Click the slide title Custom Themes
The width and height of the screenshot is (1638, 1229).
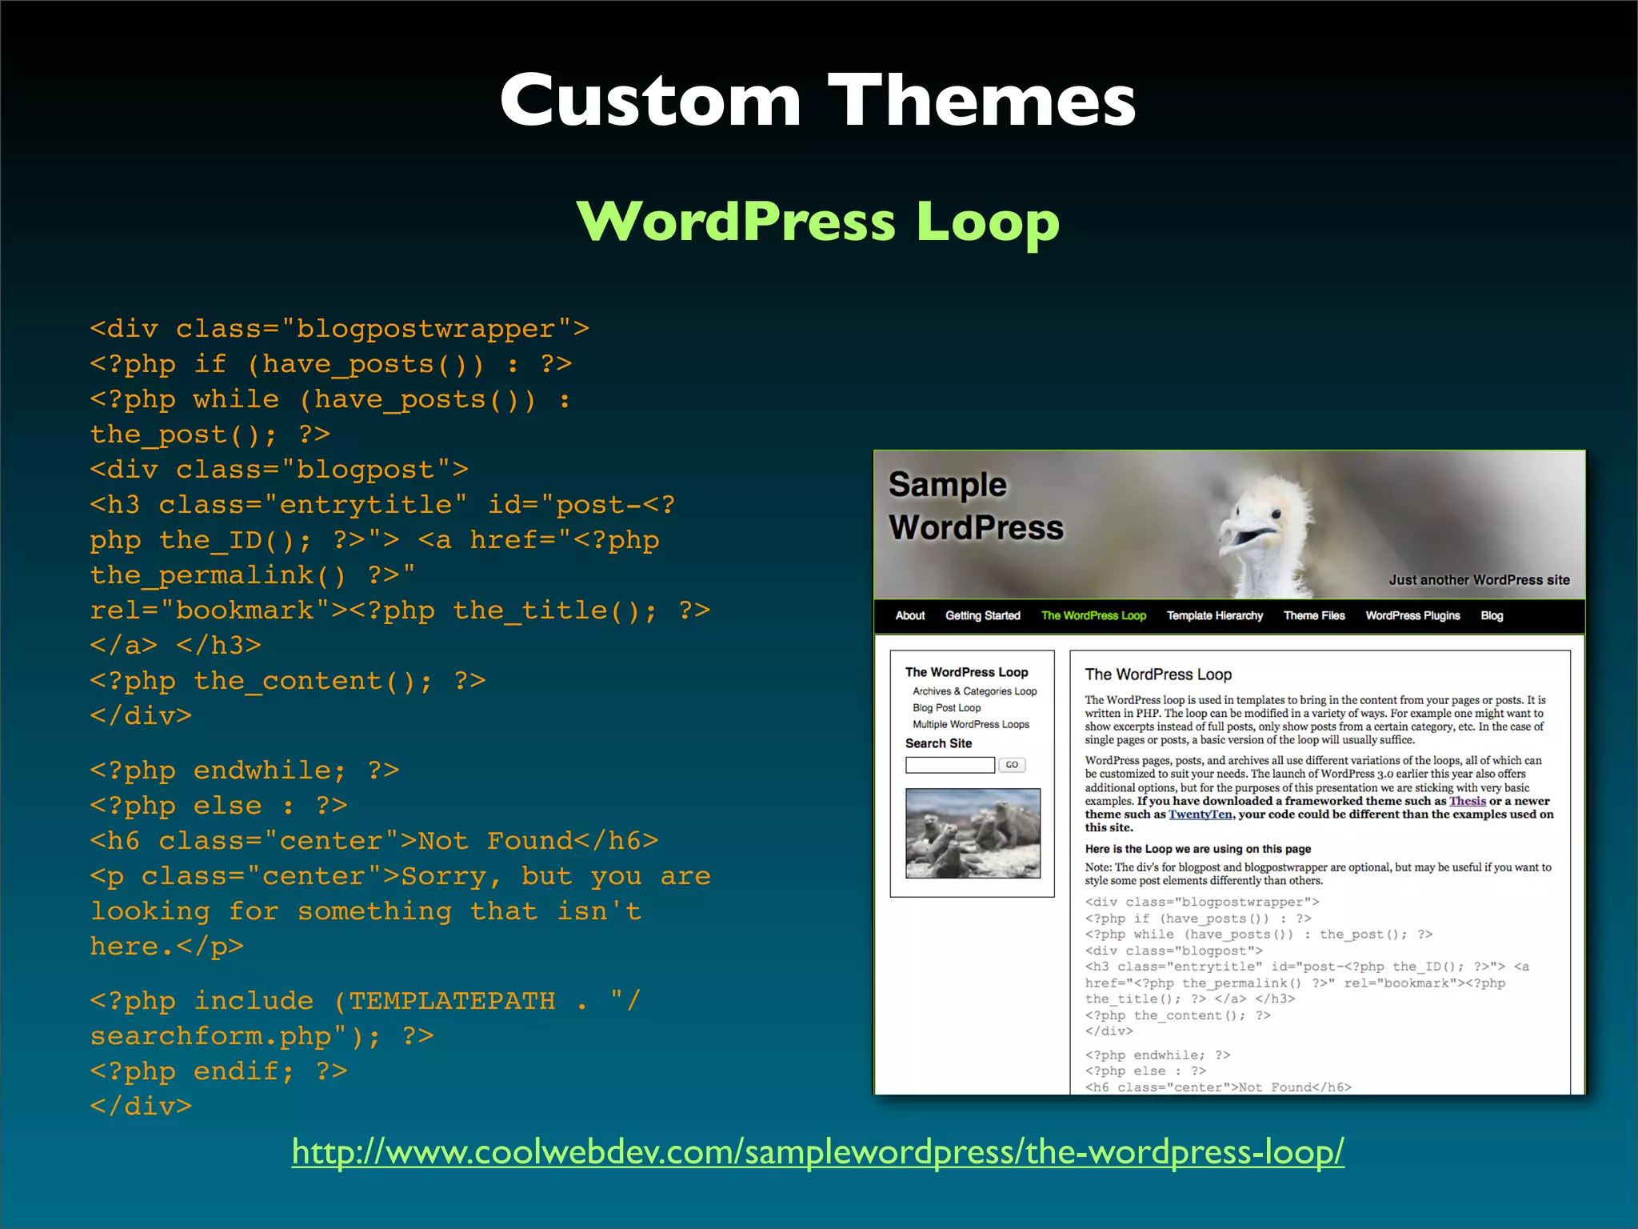pos(817,100)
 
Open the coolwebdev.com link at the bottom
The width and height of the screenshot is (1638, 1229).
pos(817,1152)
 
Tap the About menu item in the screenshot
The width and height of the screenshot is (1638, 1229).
pos(909,615)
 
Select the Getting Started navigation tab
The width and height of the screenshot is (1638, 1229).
pos(982,615)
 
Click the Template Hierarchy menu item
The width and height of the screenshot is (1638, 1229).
pos(1214,615)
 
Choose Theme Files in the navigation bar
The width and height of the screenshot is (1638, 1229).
pos(1313,615)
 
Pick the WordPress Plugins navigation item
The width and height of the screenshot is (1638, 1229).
pos(1412,615)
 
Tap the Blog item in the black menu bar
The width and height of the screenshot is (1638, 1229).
pos(1492,615)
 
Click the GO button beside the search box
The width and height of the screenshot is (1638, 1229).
pos(1012,765)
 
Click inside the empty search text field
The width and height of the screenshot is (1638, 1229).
pos(949,765)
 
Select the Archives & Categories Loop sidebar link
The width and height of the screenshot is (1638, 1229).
pos(974,691)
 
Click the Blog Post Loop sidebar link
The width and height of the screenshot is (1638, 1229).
pos(946,708)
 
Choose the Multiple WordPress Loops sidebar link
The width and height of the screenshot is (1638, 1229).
pos(970,725)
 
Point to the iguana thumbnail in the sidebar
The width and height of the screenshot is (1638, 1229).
pos(973,833)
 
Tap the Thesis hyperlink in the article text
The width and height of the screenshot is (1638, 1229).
pos(1467,801)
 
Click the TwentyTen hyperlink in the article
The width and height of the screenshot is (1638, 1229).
pos(1200,815)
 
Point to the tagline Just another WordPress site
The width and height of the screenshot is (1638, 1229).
pos(1479,580)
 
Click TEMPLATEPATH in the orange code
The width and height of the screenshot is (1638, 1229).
pos(452,1001)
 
